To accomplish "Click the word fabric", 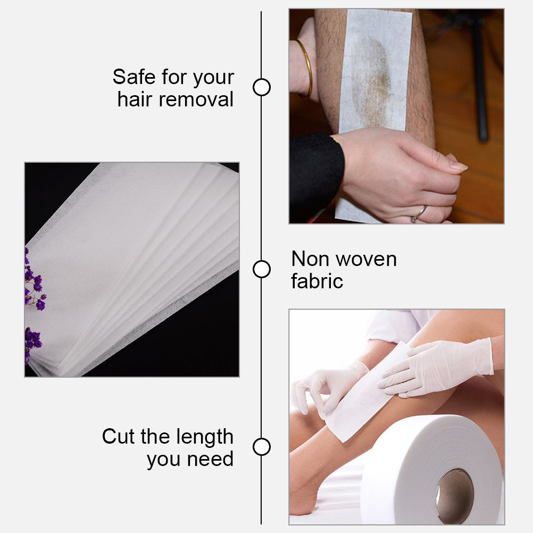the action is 317,281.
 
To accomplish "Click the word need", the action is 211,459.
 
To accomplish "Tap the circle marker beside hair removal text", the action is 262,87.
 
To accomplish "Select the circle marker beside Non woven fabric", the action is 262,269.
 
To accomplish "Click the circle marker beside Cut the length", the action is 262,447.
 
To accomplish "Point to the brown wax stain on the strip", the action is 373,81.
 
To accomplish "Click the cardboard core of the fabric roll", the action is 455,496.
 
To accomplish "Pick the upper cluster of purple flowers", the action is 35,280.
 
